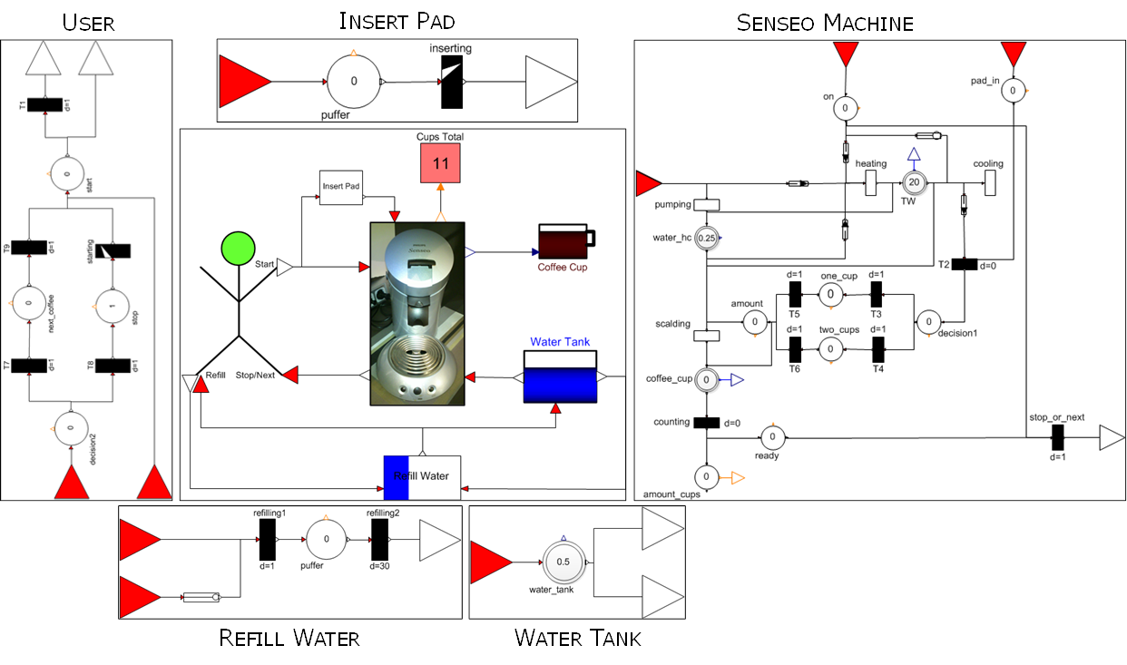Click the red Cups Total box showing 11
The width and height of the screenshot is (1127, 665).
(441, 163)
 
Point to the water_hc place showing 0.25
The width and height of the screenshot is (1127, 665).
(706, 238)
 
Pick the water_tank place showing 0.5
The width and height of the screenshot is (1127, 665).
(563, 562)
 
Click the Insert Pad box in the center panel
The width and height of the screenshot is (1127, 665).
(341, 186)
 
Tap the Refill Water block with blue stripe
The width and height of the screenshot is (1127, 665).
(422, 476)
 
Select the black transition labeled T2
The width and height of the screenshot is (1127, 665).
(964, 264)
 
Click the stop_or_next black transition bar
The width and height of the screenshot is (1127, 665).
(1057, 439)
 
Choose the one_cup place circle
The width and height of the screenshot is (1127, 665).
(830, 294)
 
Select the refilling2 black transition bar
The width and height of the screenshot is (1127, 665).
(379, 541)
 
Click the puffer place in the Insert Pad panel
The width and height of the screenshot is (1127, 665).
(354, 82)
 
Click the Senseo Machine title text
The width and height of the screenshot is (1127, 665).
(824, 23)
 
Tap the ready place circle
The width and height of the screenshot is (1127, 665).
(771, 439)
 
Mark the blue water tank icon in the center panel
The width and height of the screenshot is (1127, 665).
(560, 379)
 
